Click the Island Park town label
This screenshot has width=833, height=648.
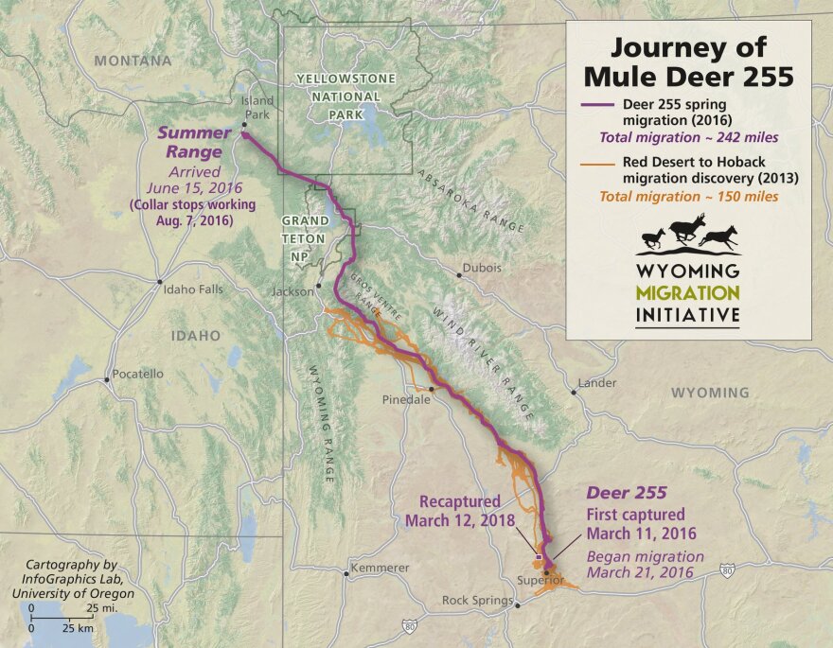tap(257, 108)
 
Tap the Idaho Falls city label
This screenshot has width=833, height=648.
tap(193, 289)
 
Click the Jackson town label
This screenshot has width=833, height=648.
tap(292, 291)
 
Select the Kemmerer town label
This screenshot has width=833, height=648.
tap(380, 568)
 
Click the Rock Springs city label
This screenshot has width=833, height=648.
tap(477, 601)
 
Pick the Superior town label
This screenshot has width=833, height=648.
tap(541, 580)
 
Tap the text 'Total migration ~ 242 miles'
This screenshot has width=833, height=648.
tap(689, 137)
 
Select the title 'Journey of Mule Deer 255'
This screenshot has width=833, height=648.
tap(688, 61)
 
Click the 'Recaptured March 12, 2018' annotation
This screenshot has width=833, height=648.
tap(459, 511)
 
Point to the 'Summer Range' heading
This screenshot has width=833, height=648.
tap(190, 142)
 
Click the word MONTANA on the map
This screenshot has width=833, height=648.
tap(133, 61)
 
